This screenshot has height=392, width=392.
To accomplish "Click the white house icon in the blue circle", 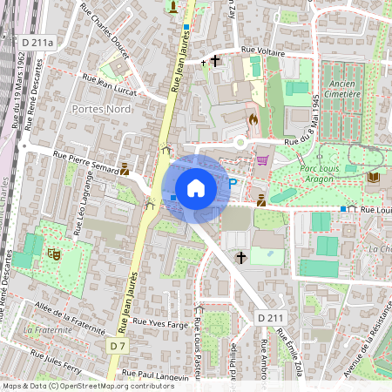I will pyautogui.click(x=196, y=188).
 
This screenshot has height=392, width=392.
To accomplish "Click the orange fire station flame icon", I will pyautogui.click(x=253, y=118).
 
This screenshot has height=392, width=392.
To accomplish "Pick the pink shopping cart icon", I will pyautogui.click(x=262, y=160).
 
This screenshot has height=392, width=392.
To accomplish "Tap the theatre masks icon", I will pyautogui.click(x=53, y=254).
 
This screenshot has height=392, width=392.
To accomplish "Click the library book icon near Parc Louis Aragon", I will pyautogui.click(x=373, y=177).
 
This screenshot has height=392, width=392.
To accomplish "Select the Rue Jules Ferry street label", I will pyautogui.click(x=57, y=359).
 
